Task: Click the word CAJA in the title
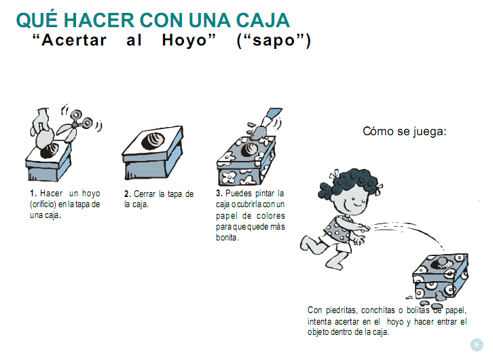click(263, 20)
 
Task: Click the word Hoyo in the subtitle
click(189, 40)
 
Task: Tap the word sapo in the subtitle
click(274, 41)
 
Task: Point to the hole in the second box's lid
click(153, 141)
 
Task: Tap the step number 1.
click(33, 193)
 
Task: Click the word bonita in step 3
click(226, 237)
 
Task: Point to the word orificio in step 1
click(43, 204)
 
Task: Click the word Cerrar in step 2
click(145, 194)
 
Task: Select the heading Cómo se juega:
click(405, 131)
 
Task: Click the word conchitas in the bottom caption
click(378, 310)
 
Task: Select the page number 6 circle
click(477, 344)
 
